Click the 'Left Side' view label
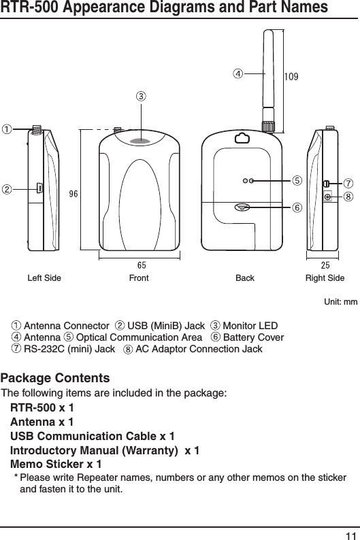pos(44,278)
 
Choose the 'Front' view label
pos(139,278)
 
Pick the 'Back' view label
pos(244,278)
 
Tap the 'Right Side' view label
pos(325,278)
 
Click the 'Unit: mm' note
pos(342,300)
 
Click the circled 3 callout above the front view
pos(141,96)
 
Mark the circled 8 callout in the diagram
pos(348,197)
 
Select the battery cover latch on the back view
pos(242,207)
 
